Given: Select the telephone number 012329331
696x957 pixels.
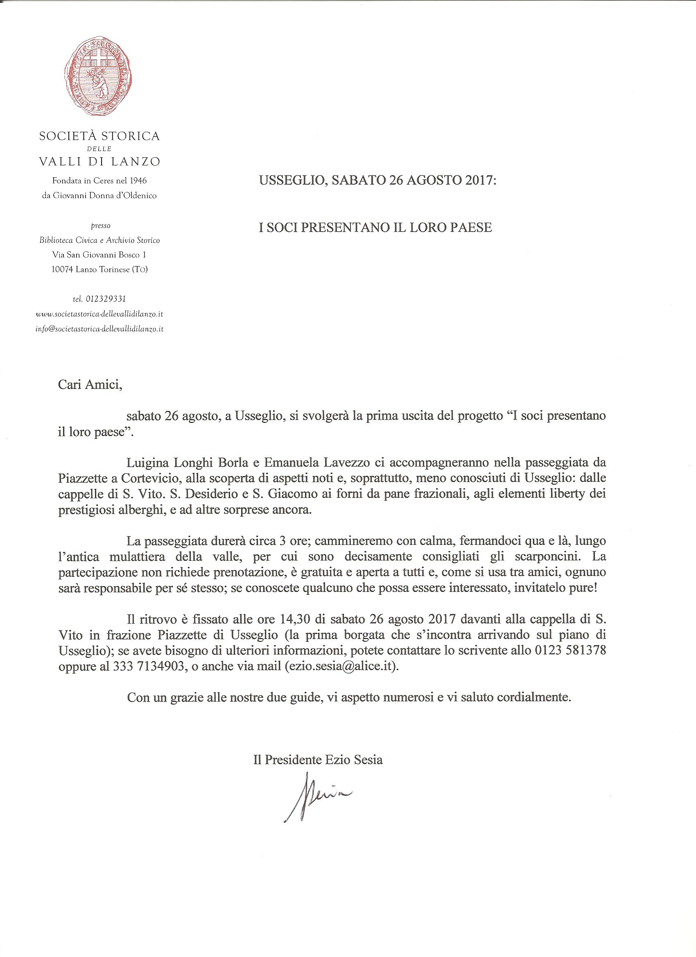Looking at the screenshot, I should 105,299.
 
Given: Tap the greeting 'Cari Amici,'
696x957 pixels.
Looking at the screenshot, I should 90,385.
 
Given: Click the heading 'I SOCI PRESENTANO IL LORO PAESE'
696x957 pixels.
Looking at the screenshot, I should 375,228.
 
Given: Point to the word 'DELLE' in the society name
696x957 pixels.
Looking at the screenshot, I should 99,149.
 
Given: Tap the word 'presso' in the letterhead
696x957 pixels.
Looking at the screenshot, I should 99,226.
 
